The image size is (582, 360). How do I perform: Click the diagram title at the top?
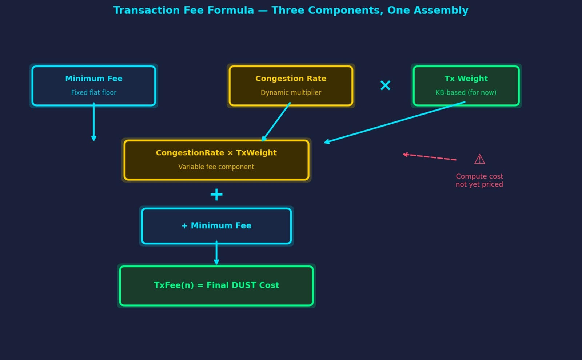291,10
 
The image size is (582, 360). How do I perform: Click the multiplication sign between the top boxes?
385,85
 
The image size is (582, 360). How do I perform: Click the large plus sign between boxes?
216,195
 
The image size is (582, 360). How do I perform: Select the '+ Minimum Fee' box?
216,226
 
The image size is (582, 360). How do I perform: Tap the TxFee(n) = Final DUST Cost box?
216,285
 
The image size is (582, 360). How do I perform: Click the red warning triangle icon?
479,159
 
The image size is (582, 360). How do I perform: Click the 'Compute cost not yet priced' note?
479,180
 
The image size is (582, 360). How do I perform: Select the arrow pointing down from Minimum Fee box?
94,122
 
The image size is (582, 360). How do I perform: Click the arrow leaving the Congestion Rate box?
276,122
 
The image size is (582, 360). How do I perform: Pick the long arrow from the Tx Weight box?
395,123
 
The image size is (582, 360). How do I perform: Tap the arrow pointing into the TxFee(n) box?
216,253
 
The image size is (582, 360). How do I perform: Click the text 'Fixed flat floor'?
94,93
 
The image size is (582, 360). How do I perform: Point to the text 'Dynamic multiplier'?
291,93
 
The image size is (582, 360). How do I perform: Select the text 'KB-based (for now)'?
466,93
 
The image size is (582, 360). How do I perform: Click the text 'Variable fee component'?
216,167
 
